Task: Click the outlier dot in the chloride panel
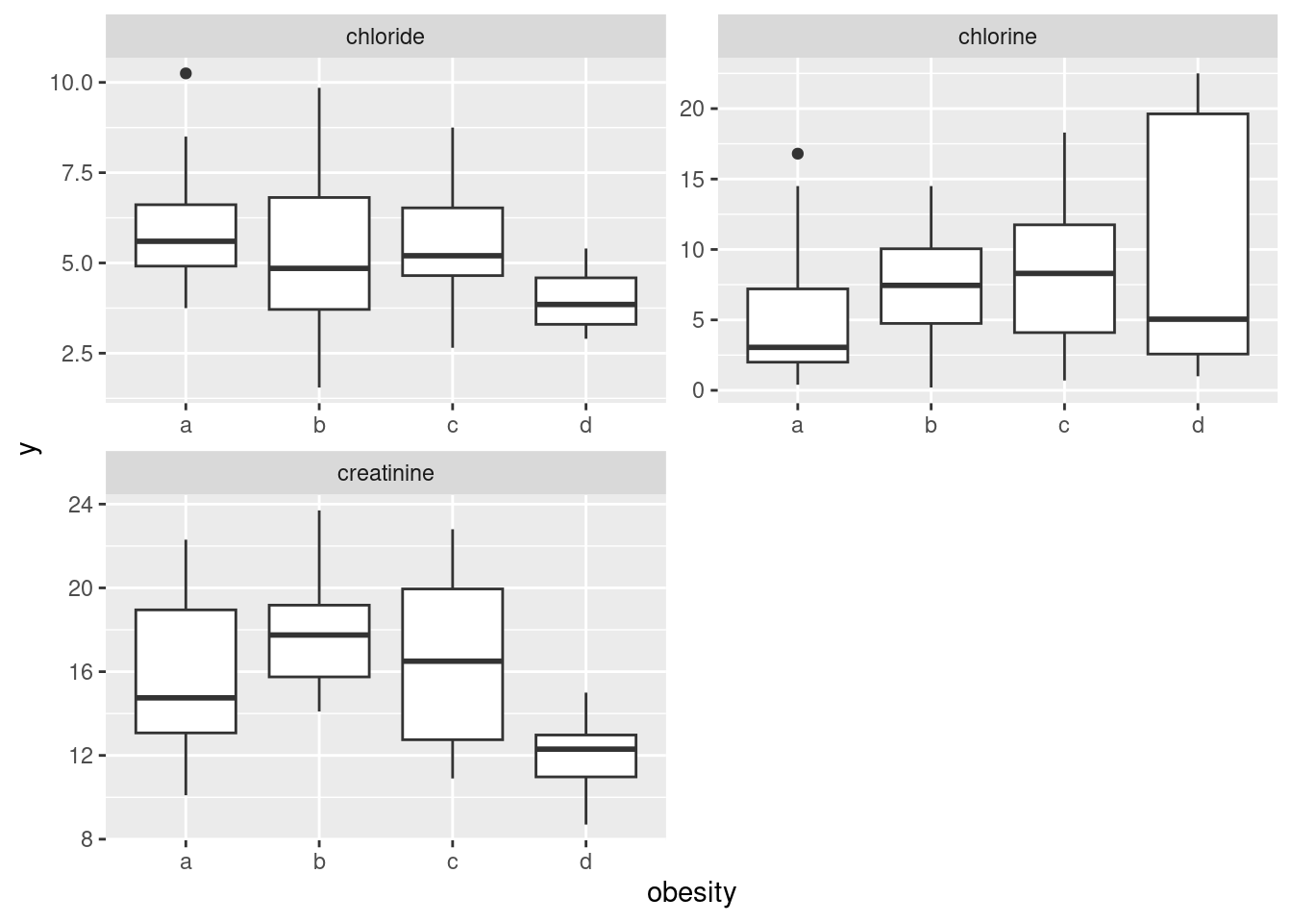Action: coord(186,73)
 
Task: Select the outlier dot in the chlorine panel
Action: coord(797,154)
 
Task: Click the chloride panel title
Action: coord(385,37)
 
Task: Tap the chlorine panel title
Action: coord(997,37)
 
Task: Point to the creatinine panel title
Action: coord(385,473)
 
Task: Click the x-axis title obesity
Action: coord(691,892)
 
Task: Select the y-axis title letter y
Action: coord(31,447)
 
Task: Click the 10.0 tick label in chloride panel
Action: coord(71,83)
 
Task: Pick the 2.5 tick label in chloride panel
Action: coord(77,354)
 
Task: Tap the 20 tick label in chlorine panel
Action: coord(692,109)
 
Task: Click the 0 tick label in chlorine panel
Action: coord(698,390)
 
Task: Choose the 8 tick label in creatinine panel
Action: coord(87,839)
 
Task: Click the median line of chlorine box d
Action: coord(1197,318)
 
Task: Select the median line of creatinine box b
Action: coord(319,635)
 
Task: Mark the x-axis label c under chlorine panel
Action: coord(1064,425)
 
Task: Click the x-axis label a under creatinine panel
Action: coord(186,861)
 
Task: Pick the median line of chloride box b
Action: coord(319,268)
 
